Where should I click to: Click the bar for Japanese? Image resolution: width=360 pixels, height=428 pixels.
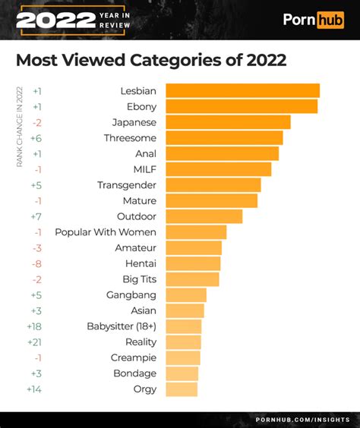click(228, 122)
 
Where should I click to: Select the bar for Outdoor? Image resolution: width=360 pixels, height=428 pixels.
click(204, 216)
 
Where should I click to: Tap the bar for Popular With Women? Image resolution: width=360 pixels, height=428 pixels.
click(196, 232)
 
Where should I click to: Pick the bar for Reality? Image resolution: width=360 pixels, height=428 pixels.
click(183, 342)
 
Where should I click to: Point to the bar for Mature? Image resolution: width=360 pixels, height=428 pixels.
click(211, 201)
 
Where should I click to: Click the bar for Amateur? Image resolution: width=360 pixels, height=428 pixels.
click(194, 248)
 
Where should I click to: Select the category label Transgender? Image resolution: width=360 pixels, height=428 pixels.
click(127, 185)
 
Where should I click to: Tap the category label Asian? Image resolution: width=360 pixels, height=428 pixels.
click(143, 310)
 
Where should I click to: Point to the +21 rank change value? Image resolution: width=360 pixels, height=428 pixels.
click(35, 342)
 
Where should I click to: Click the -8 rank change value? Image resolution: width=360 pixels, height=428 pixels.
click(36, 263)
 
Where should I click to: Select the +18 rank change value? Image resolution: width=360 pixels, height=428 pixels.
click(35, 326)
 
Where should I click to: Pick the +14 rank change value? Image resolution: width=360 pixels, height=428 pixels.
click(35, 389)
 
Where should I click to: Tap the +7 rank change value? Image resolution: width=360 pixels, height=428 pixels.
click(36, 216)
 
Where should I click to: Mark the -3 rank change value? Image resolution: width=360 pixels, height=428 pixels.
click(36, 248)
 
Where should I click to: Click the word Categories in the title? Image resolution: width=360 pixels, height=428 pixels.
click(175, 59)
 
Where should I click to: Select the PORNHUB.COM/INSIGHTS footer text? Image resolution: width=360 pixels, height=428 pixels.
click(302, 420)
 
